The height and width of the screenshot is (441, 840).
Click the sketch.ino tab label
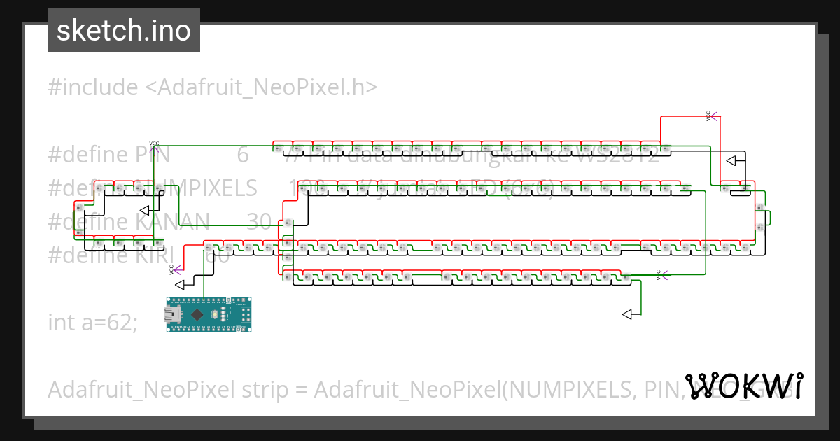click(123, 31)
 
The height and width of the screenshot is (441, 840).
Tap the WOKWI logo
click(744, 386)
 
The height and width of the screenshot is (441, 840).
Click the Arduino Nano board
click(209, 315)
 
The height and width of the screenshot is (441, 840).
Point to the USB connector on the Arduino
click(172, 316)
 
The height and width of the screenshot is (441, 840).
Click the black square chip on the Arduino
click(198, 316)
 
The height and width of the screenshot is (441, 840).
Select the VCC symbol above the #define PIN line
click(154, 146)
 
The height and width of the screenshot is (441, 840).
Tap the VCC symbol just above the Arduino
click(173, 269)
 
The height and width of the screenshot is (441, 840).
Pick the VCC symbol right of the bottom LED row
click(660, 274)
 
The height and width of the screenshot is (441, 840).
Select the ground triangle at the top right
click(734, 161)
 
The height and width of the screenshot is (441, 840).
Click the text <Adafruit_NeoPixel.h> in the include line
click(261, 87)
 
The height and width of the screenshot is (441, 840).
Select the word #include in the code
click(93, 87)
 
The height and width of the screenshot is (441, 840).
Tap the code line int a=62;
click(93, 323)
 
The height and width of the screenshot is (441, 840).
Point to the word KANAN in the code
click(171, 222)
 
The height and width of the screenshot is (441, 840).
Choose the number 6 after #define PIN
click(243, 155)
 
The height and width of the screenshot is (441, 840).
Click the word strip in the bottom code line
click(272, 390)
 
